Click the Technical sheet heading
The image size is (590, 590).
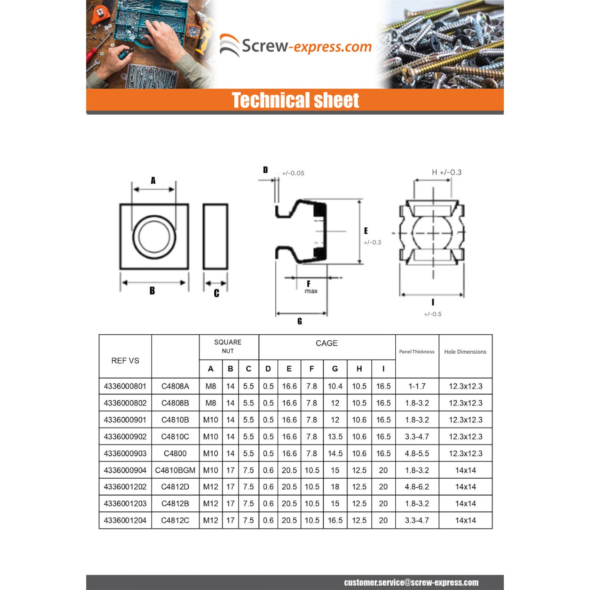click(x=295, y=100)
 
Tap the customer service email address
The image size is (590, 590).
click(x=411, y=583)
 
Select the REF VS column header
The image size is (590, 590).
click(x=125, y=361)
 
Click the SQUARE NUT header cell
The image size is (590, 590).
click(x=228, y=347)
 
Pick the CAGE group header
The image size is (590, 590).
click(x=326, y=343)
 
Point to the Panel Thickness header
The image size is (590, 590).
click(x=417, y=352)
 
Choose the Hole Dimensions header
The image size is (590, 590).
click(x=465, y=352)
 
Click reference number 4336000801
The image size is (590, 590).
click(x=125, y=386)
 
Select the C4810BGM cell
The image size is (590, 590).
click(x=175, y=470)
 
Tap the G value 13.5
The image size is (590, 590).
click(x=335, y=437)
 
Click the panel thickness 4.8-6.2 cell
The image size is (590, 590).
click(x=417, y=487)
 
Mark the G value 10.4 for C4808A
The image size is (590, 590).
click(x=335, y=386)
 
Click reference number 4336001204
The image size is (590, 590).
click(x=125, y=520)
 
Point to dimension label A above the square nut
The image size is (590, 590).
click(x=153, y=181)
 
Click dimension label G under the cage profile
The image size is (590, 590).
click(x=300, y=321)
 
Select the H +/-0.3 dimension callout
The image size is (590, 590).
click(x=446, y=172)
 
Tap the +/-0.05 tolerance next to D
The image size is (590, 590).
click(x=293, y=173)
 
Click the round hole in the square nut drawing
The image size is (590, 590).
click(x=154, y=237)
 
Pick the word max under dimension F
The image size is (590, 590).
click(x=311, y=291)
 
